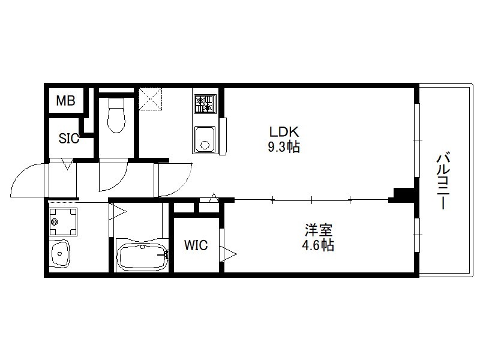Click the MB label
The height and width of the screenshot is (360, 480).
pyautogui.click(x=66, y=100)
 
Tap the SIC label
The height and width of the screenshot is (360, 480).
pyautogui.click(x=69, y=139)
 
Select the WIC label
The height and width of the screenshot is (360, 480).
pyautogui.click(x=196, y=245)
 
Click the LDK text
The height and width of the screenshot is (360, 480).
pyautogui.click(x=284, y=132)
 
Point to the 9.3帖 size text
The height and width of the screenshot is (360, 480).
pyautogui.click(x=284, y=147)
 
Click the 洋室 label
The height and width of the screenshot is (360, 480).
pyautogui.click(x=319, y=230)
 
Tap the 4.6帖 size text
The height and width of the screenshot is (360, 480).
pyautogui.click(x=318, y=245)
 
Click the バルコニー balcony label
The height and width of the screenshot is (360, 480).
pyautogui.click(x=442, y=181)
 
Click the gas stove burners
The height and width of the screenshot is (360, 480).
pyautogui.click(x=205, y=104)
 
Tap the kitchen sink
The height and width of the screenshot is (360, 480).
pyautogui.click(x=204, y=140)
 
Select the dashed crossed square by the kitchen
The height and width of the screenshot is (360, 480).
pyautogui.click(x=150, y=99)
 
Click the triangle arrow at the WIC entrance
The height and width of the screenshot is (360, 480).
pyautogui.click(x=229, y=254)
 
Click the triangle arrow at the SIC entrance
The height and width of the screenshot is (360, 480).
pyautogui.click(x=68, y=164)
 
